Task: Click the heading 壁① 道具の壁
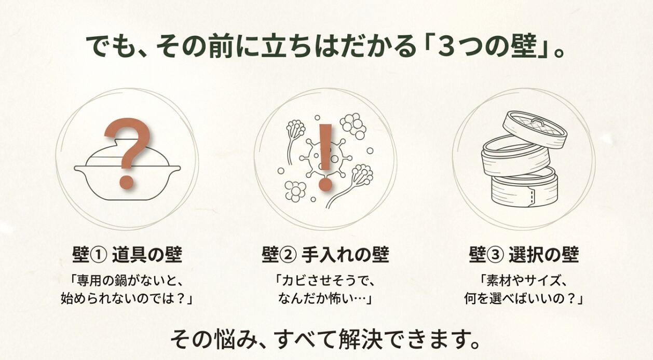coord(127,255)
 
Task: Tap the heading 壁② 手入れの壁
coord(325,255)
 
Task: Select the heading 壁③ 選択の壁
coord(524,255)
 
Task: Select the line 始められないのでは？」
coord(127,299)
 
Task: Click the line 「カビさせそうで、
coord(325,281)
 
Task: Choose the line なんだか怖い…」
coord(325,299)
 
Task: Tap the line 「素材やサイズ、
coord(524,281)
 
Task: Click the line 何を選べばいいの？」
coord(524,299)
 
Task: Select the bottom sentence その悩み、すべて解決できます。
coord(325,340)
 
